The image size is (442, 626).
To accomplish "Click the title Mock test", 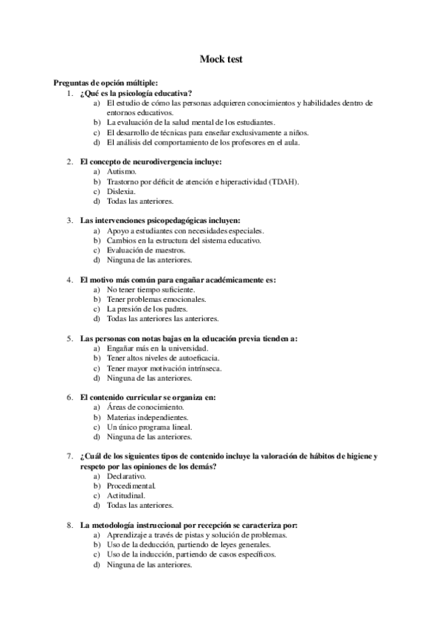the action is [x=221, y=58].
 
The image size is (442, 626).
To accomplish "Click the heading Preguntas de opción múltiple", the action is [x=106, y=83].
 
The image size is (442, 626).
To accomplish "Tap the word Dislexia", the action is [x=122, y=190].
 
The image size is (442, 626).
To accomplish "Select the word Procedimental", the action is [x=131, y=486].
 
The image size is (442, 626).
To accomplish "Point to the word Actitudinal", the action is [x=126, y=496].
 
